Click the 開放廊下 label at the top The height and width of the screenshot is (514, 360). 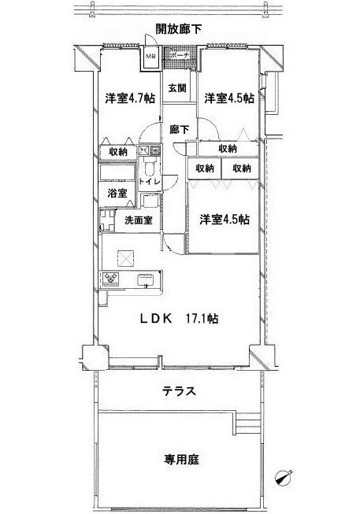[179, 29]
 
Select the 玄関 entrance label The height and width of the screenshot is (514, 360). [176, 87]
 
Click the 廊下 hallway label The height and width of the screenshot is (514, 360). [177, 129]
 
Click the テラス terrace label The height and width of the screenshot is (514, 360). [179, 391]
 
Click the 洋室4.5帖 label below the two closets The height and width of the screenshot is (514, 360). [224, 220]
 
